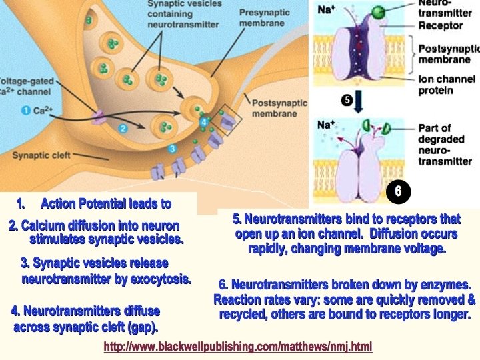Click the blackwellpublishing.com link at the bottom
point(238,347)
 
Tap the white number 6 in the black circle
point(398,191)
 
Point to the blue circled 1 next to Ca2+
point(25,110)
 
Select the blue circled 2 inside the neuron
point(123,127)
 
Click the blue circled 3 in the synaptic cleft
point(172,148)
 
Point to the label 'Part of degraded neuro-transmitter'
point(445,144)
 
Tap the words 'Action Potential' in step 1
point(91,203)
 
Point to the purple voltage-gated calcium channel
point(99,119)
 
